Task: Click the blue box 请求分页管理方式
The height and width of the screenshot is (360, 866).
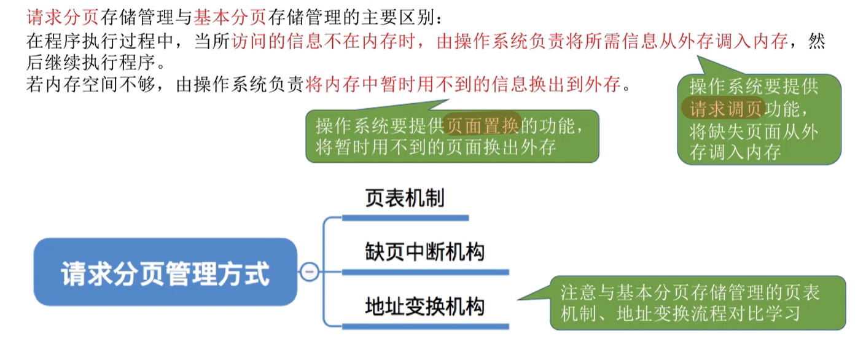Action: click(x=165, y=272)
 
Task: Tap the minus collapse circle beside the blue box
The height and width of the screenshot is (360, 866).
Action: click(x=310, y=271)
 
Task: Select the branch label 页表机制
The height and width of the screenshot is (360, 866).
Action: click(x=404, y=198)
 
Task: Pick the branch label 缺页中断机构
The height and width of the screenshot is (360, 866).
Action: click(x=424, y=252)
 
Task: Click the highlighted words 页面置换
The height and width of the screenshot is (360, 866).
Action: click(x=483, y=126)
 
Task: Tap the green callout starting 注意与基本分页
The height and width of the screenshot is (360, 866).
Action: click(x=698, y=303)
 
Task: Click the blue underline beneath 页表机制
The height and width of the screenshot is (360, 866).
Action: click(x=405, y=217)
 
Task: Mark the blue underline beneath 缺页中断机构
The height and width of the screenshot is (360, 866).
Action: click(x=425, y=272)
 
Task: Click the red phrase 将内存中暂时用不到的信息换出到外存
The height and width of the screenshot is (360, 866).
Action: click(x=464, y=85)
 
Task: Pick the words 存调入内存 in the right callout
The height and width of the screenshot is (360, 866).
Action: click(x=735, y=152)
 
